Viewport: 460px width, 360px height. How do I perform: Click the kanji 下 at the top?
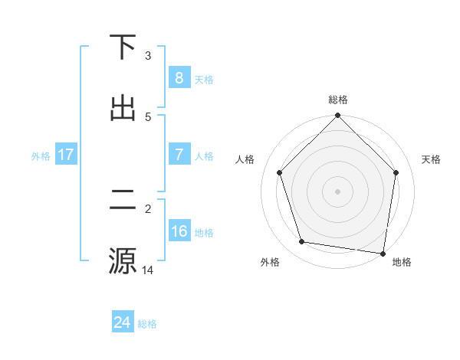point(123,47)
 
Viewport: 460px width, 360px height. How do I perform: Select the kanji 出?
point(123,108)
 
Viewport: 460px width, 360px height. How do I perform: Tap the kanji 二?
point(123,200)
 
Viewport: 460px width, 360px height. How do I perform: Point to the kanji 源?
point(123,260)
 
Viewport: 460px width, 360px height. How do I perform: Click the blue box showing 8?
point(179,78)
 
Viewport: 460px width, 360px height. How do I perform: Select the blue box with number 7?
point(179,155)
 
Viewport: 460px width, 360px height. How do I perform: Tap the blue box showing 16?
point(179,231)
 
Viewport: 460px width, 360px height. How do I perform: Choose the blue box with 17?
point(66,155)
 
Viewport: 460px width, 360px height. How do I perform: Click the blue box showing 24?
point(122,322)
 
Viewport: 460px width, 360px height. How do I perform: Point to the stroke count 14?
point(149,269)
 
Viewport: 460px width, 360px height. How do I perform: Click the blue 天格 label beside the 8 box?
point(204,79)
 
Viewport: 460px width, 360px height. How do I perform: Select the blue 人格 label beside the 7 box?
point(204,155)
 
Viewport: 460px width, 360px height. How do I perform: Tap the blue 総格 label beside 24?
point(147,323)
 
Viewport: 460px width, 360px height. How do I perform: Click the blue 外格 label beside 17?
point(41,155)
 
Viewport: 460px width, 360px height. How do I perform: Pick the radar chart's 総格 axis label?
point(338,100)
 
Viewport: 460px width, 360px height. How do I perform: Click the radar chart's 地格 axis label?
point(402,262)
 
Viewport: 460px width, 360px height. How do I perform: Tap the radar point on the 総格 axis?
point(338,116)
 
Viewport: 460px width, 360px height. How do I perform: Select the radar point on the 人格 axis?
point(279,172)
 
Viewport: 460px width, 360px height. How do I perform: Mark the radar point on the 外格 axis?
point(302,242)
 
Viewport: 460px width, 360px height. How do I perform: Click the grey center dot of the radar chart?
point(338,191)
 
